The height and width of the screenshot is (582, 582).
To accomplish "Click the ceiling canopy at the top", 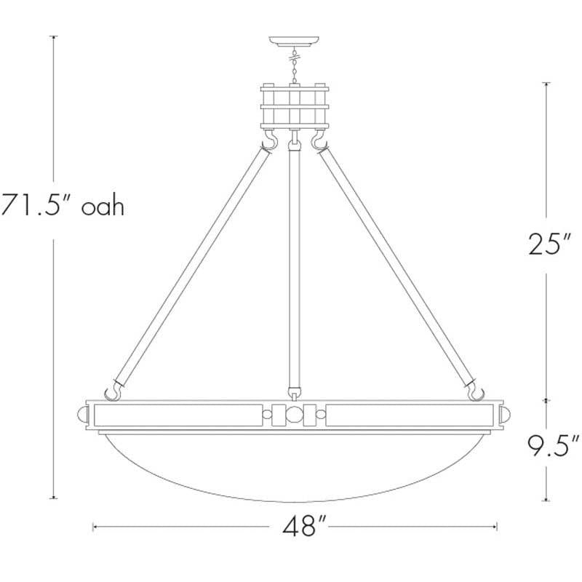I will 295,41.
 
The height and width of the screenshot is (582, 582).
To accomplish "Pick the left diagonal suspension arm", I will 193,266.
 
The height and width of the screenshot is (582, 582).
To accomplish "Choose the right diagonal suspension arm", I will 397,266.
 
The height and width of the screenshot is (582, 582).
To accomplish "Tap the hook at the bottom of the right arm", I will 476,392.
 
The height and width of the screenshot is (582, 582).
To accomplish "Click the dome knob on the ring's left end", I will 82,415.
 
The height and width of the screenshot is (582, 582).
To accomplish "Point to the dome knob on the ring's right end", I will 508,415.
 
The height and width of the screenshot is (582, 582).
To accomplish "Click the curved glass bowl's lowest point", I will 295,501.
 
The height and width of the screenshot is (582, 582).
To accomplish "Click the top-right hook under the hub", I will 319,140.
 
